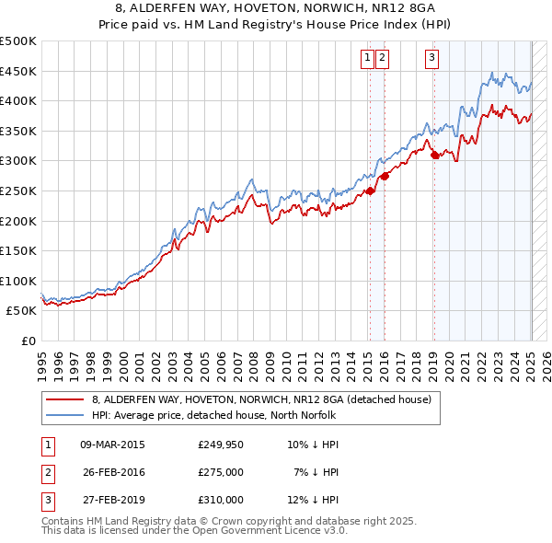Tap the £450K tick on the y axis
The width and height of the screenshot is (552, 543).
click(18, 71)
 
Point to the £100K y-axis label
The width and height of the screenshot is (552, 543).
click(18, 281)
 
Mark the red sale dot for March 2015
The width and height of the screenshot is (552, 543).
click(370, 191)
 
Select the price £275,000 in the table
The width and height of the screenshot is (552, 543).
click(221, 472)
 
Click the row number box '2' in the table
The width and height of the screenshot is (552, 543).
click(45, 472)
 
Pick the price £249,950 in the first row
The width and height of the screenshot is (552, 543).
click(221, 445)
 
